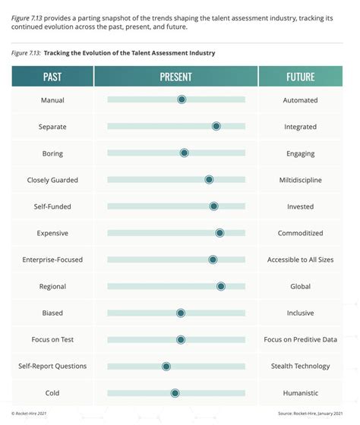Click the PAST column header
pyautogui.click(x=52, y=77)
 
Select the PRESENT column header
pyautogui.click(x=175, y=77)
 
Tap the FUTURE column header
pyautogui.click(x=300, y=77)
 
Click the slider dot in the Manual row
pyautogui.click(x=182, y=99)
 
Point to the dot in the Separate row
pyautogui.click(x=216, y=126)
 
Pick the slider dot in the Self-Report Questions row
pyautogui.click(x=166, y=366)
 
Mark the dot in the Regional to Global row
pyautogui.click(x=220, y=286)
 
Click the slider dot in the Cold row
pyautogui.click(x=175, y=392)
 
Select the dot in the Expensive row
pyautogui.click(x=219, y=233)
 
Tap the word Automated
pyautogui.click(x=300, y=100)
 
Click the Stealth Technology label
pyautogui.click(x=300, y=366)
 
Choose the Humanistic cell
pyautogui.click(x=300, y=392)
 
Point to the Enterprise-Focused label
pyautogui.click(x=52, y=260)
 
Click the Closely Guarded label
pyautogui.click(x=52, y=180)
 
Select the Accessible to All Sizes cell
pyautogui.click(x=300, y=260)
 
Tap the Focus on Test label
pyautogui.click(x=52, y=339)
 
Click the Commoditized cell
pyautogui.click(x=300, y=233)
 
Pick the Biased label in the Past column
pyautogui.click(x=52, y=313)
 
